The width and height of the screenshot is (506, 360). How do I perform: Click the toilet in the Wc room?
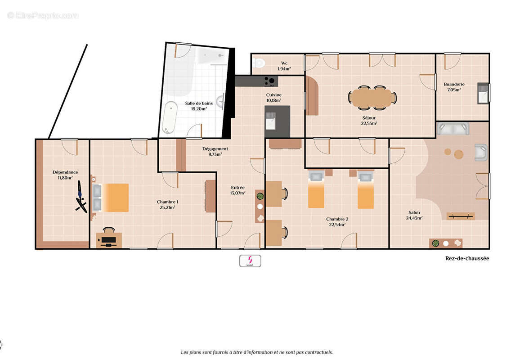259,63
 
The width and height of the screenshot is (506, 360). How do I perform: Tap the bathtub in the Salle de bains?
170,117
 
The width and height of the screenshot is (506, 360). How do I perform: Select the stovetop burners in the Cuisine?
270,81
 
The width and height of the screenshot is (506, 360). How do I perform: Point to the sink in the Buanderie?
483,93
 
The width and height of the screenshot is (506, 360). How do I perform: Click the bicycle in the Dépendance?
81,197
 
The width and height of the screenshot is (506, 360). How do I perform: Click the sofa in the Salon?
453,129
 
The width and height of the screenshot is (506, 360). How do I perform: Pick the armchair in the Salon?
481,153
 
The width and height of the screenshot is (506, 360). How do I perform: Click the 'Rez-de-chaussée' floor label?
467,258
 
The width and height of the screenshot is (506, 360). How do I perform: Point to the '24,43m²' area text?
414,218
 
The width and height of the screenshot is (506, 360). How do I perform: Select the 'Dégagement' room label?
215,149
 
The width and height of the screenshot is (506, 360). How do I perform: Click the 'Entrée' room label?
237,188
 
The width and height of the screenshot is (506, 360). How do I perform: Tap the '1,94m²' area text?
284,69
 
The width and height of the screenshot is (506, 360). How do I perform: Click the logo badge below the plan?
250,261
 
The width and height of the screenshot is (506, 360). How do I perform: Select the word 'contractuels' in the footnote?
318,352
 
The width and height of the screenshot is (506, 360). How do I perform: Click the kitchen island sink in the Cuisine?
270,121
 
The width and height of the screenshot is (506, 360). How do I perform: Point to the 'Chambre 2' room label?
337,219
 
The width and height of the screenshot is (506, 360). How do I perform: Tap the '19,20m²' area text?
199,109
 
